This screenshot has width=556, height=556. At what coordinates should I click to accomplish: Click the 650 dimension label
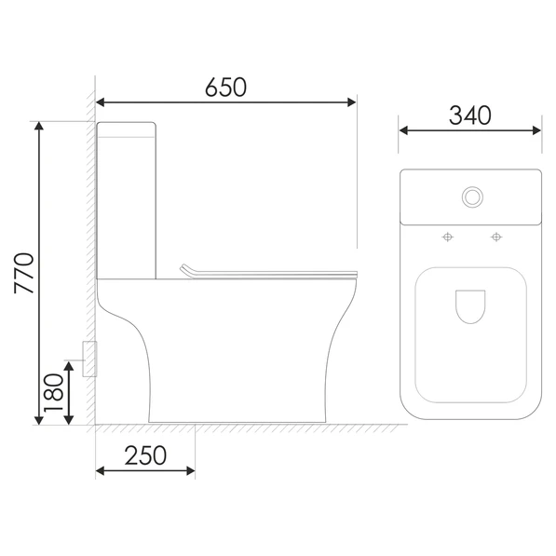[x=225, y=87]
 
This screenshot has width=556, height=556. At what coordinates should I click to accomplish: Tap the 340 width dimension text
[x=469, y=115]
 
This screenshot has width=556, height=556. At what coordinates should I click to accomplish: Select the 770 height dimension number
[x=24, y=273]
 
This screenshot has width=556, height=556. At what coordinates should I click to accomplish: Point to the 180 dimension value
[x=53, y=392]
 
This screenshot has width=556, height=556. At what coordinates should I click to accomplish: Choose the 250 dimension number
[x=145, y=455]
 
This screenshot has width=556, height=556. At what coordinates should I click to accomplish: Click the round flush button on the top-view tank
[x=472, y=197]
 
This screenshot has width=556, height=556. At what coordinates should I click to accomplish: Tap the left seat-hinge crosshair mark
[x=448, y=237]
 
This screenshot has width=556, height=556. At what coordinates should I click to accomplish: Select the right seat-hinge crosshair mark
[x=496, y=237]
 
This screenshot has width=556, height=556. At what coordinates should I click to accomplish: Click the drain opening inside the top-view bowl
[x=470, y=306]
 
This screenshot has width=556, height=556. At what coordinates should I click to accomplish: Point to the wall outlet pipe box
[x=89, y=359]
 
